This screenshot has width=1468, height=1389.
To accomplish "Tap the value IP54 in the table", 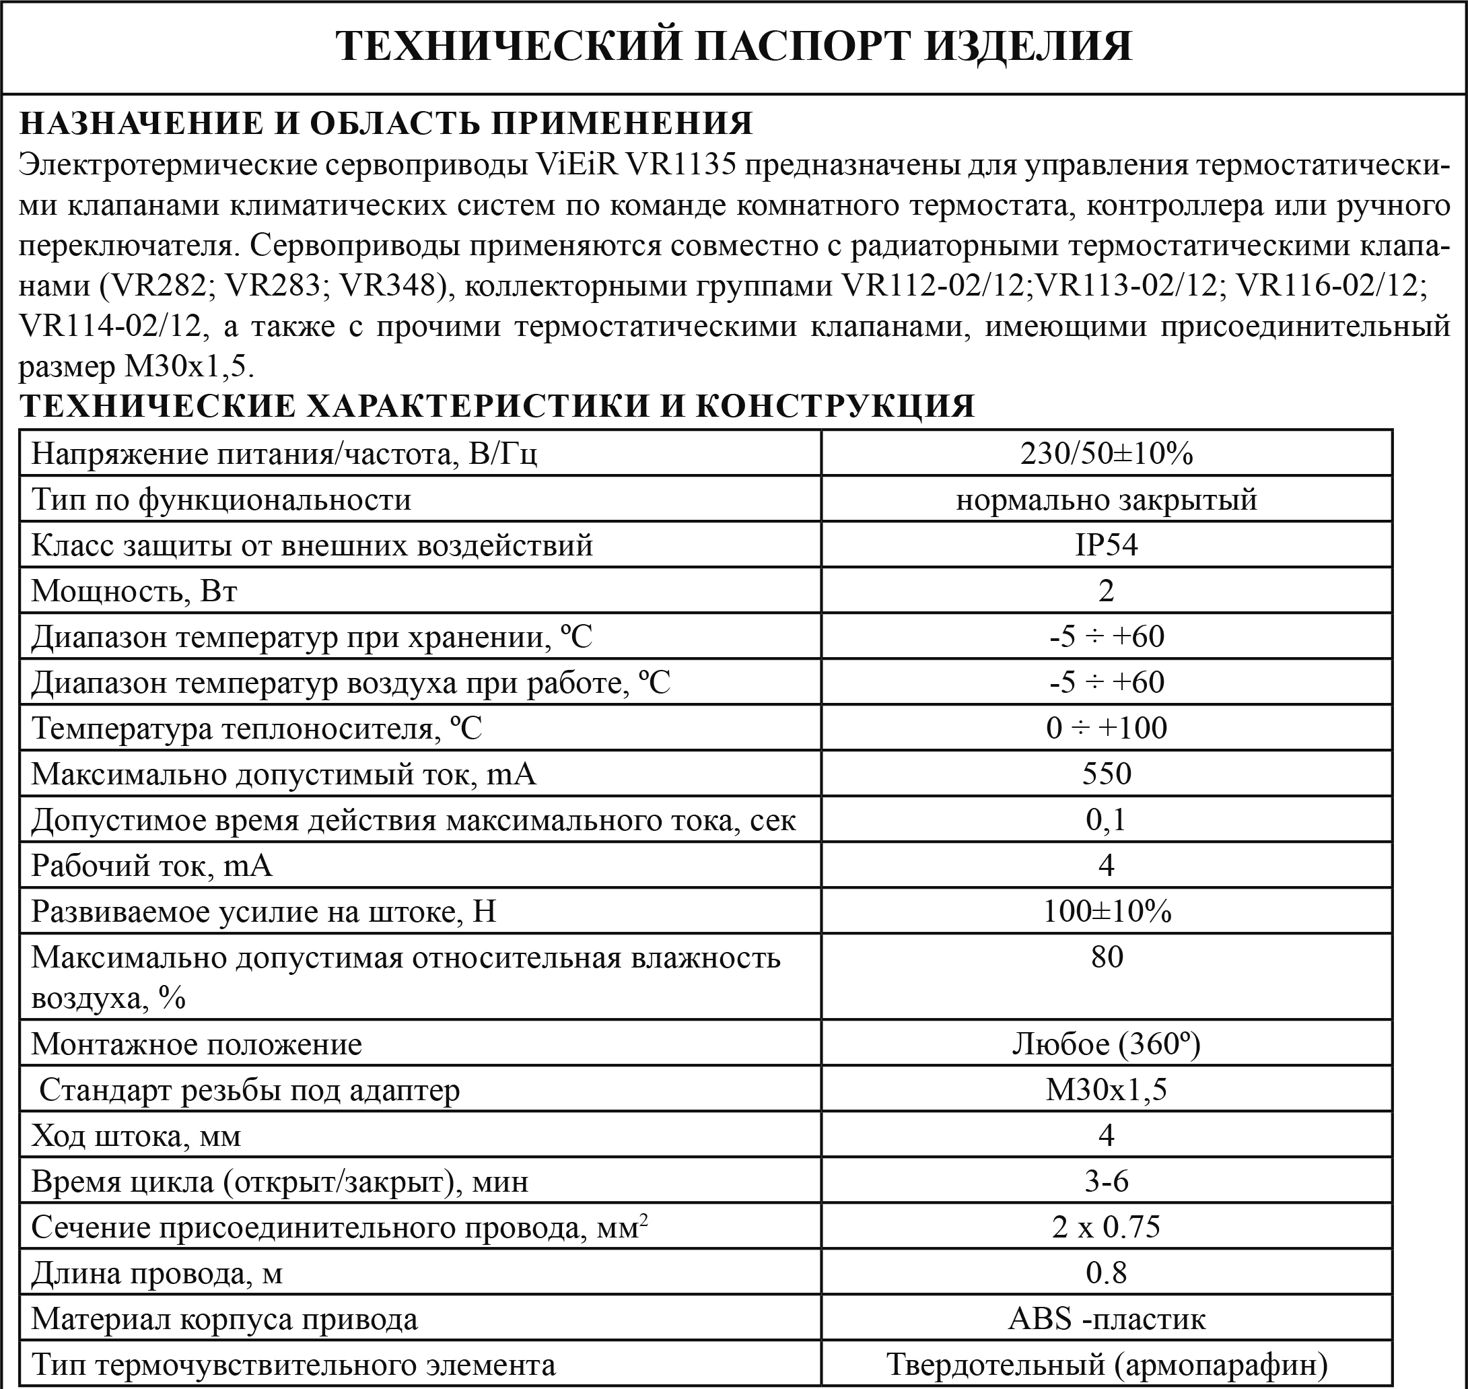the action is coord(1106,545).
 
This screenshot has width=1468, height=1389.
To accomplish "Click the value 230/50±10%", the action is coord(1106,453).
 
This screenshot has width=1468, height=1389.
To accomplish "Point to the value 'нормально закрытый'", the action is coord(1106,500).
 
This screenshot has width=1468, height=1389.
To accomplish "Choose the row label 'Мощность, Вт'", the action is coord(134,591).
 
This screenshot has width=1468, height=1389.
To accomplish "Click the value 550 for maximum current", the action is coord(1106,774).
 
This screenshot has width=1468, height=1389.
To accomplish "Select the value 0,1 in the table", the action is coord(1106,819).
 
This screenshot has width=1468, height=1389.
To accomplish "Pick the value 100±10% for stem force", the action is coord(1106,912).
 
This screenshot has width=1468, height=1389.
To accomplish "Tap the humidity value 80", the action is coord(1106,957).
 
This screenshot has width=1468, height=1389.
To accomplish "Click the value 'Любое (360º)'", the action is coord(1106,1044).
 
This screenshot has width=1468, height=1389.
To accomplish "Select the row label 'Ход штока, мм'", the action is coord(136,1136).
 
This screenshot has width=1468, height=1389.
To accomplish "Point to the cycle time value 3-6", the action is coord(1106,1182).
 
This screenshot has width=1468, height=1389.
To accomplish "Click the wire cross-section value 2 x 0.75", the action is coord(1106,1227).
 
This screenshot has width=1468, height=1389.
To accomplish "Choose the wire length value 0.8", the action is coord(1106,1273).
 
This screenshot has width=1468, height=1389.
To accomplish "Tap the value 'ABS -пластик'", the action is coord(1106,1320).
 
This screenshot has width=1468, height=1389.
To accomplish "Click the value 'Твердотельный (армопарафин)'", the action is coord(1106,1365).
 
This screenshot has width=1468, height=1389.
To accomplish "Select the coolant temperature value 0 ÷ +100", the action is coord(1106,729).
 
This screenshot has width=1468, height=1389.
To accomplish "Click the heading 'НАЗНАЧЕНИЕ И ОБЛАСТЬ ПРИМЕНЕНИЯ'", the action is coord(386,124).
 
